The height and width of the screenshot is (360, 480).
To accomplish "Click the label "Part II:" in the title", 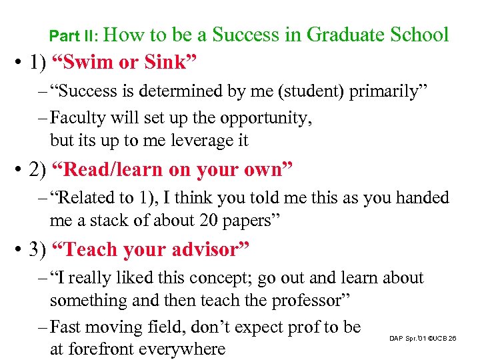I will click(75, 35).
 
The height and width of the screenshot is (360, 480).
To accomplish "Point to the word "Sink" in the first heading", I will click(170, 63).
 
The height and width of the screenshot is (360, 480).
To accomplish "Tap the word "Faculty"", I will click(80, 119).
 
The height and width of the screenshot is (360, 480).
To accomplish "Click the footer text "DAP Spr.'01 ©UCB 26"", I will click(423, 339).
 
